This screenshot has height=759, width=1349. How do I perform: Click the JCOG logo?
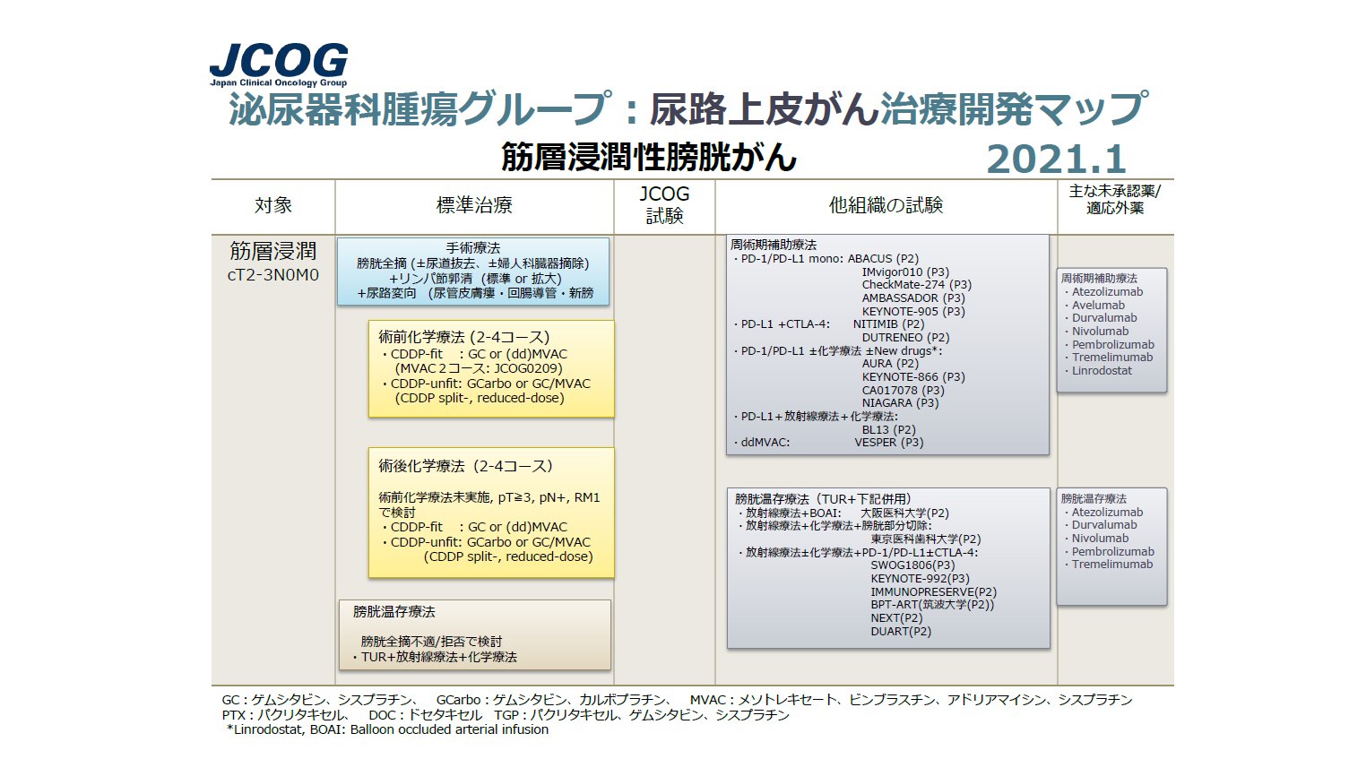coord(278,65)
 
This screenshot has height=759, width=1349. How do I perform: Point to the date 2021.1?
coord(1056,160)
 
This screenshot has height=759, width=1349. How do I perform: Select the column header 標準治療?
coord(474,205)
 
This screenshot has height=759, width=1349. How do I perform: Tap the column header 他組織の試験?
coord(886,205)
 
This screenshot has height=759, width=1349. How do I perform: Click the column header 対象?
coord(273,205)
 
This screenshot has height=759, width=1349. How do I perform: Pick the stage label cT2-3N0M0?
coord(273,275)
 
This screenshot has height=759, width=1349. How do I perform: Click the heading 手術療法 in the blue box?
coord(473,248)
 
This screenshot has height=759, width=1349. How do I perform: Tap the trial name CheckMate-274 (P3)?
coord(916,285)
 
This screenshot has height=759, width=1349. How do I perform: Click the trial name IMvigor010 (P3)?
coord(905,272)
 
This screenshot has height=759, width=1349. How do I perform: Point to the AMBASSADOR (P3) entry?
coord(913,298)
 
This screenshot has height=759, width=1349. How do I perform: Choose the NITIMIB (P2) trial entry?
coord(888,324)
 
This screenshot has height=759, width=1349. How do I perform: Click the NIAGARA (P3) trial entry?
coord(900,403)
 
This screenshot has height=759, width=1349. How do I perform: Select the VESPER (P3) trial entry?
coord(888,443)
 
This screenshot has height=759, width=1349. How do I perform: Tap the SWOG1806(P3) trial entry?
coord(912,565)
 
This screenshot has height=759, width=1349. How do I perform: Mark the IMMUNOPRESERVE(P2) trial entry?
coord(933,591)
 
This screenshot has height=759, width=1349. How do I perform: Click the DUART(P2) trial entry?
coord(901,631)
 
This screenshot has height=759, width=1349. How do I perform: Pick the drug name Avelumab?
coord(1098,305)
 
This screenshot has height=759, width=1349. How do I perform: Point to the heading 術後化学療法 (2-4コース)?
coord(465,466)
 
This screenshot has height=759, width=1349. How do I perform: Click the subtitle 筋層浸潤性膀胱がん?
coord(648,158)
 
